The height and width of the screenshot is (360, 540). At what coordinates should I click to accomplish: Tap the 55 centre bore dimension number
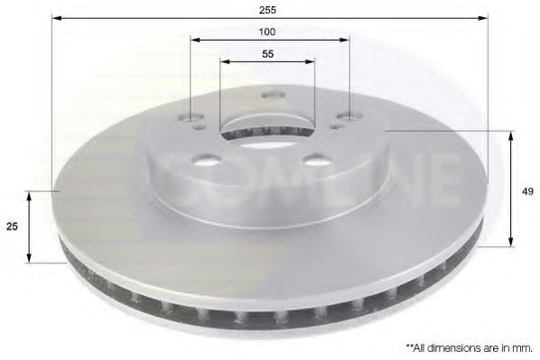click(x=268, y=53)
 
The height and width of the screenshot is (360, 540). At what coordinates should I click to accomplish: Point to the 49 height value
click(x=526, y=190)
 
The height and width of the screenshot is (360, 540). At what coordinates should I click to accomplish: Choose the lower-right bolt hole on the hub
click(x=315, y=160)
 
